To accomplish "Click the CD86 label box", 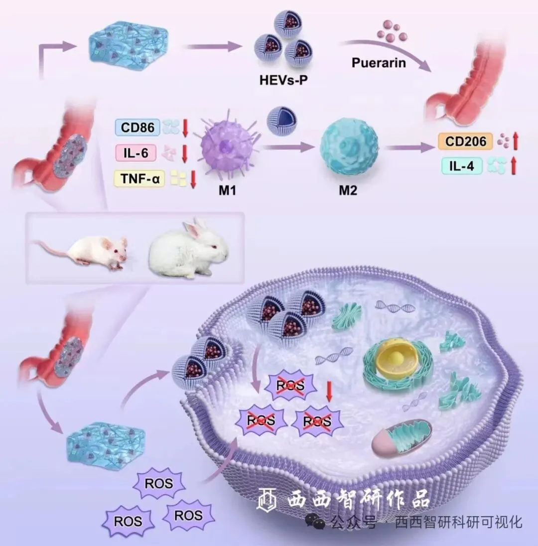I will (x=137, y=128).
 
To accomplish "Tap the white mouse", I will (x=90, y=251).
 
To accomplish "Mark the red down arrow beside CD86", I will (x=185, y=128).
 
